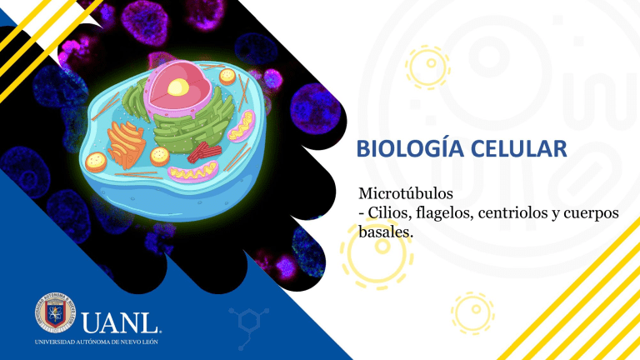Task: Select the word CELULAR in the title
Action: (x=513, y=151)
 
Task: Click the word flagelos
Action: (x=442, y=214)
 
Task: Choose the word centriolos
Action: (x=516, y=214)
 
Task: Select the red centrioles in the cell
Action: (x=201, y=152)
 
